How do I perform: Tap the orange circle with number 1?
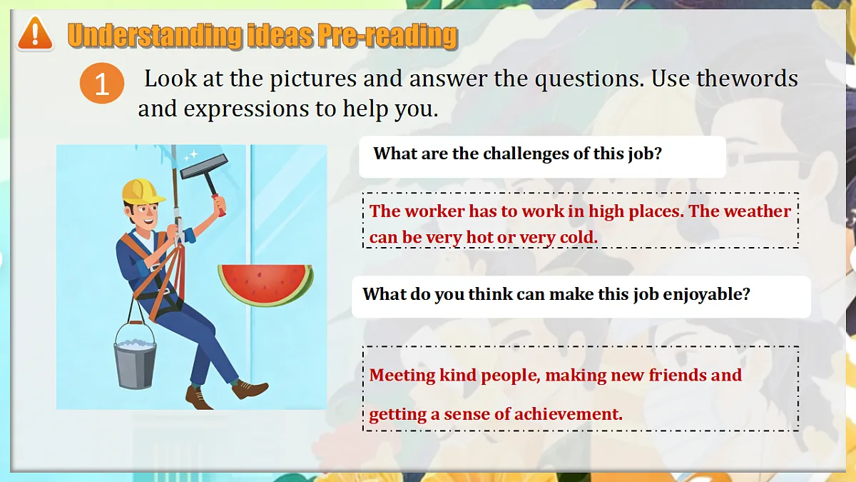102,84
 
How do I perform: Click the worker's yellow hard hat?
143,191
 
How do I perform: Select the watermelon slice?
265,283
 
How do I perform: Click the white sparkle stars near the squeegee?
190,155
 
